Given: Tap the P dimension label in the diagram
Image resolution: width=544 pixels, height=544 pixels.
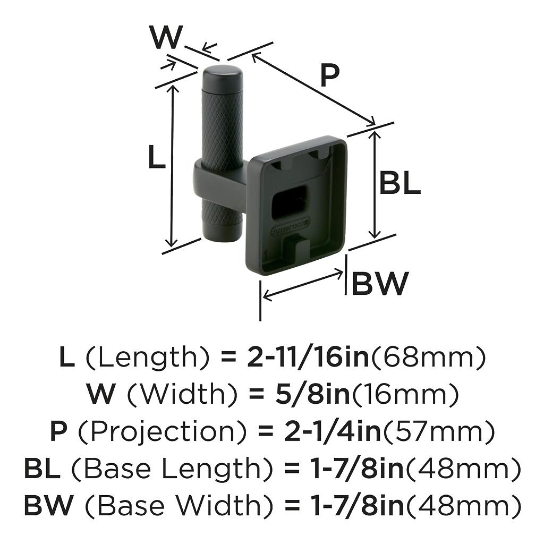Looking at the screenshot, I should pyautogui.click(x=329, y=76).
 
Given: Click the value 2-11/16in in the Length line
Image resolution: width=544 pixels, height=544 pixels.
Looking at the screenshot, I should pyautogui.click(x=308, y=358).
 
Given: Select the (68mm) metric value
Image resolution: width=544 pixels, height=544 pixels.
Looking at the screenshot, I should pyautogui.click(x=428, y=358).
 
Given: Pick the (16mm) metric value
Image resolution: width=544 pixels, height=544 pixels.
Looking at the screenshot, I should pyautogui.click(x=404, y=394).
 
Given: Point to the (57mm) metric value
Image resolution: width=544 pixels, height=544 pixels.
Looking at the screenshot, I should pyautogui.click(x=439, y=432).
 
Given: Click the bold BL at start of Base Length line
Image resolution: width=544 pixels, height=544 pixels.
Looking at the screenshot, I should pyautogui.click(x=42, y=469).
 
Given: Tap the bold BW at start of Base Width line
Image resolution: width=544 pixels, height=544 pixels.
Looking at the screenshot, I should pyautogui.click(x=48, y=505).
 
